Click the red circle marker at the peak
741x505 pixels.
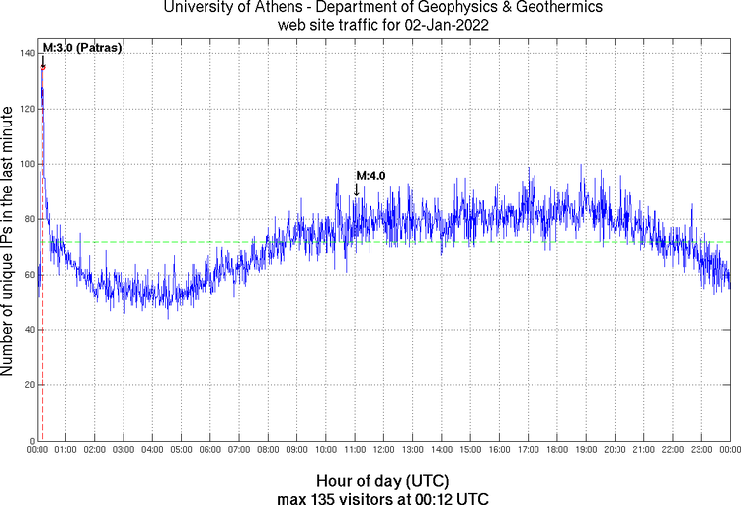pos(43,67)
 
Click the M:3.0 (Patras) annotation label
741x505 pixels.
pos(82,47)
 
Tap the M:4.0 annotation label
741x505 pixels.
pos(370,176)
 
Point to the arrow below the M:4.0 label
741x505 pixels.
pos(357,189)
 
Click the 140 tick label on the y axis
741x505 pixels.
pos(26,53)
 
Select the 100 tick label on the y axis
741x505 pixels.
pos(26,164)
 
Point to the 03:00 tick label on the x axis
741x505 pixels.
pos(124,450)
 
